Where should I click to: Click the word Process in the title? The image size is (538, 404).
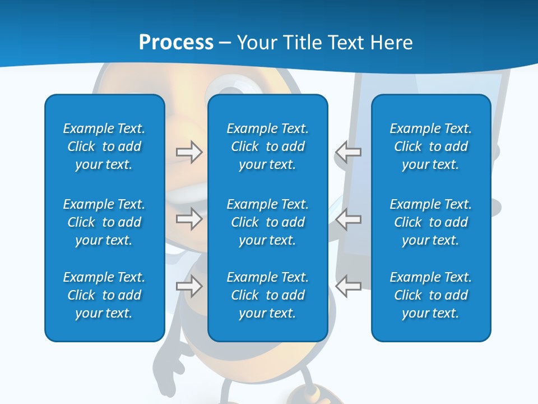176,43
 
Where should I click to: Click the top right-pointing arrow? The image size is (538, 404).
189,152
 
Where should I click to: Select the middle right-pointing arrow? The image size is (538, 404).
189,219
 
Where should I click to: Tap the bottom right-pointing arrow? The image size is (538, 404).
189,286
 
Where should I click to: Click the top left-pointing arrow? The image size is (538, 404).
348,152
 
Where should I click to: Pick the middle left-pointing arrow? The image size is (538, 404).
348,219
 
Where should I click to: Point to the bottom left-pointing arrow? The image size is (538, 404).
348,286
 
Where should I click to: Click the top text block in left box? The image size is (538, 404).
104,146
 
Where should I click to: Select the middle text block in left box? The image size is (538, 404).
104,222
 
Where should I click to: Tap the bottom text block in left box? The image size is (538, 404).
104,295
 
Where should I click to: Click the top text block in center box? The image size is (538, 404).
267,146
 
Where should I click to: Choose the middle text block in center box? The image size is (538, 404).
267,222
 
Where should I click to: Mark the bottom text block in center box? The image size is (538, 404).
267,295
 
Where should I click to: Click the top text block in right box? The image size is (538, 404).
430,146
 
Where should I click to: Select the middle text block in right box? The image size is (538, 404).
430,222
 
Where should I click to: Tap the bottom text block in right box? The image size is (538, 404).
430,295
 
